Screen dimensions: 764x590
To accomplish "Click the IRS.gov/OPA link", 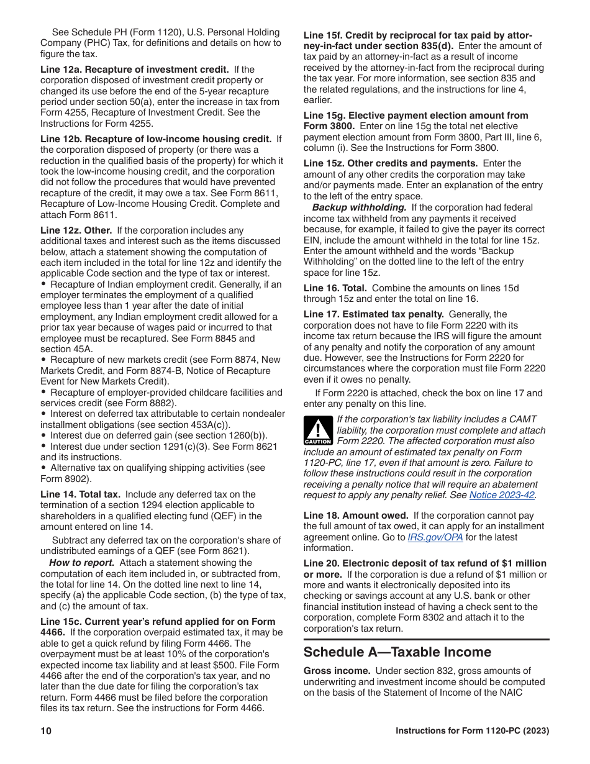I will tap(435, 537).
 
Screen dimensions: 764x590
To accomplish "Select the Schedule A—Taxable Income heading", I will tap(397, 652).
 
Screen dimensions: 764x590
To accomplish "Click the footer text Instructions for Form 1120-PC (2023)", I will tap(472, 731).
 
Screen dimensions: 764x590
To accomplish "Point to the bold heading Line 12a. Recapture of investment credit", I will tap(135, 70).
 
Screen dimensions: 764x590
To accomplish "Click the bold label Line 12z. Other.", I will tap(76, 230).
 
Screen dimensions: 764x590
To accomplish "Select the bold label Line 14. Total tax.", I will tap(80, 494).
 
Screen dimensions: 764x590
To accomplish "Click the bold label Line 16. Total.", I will tap(335, 288).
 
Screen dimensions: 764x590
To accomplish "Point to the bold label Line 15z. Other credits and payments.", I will tap(390, 163).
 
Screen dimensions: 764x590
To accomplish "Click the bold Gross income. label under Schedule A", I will tap(337, 671).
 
